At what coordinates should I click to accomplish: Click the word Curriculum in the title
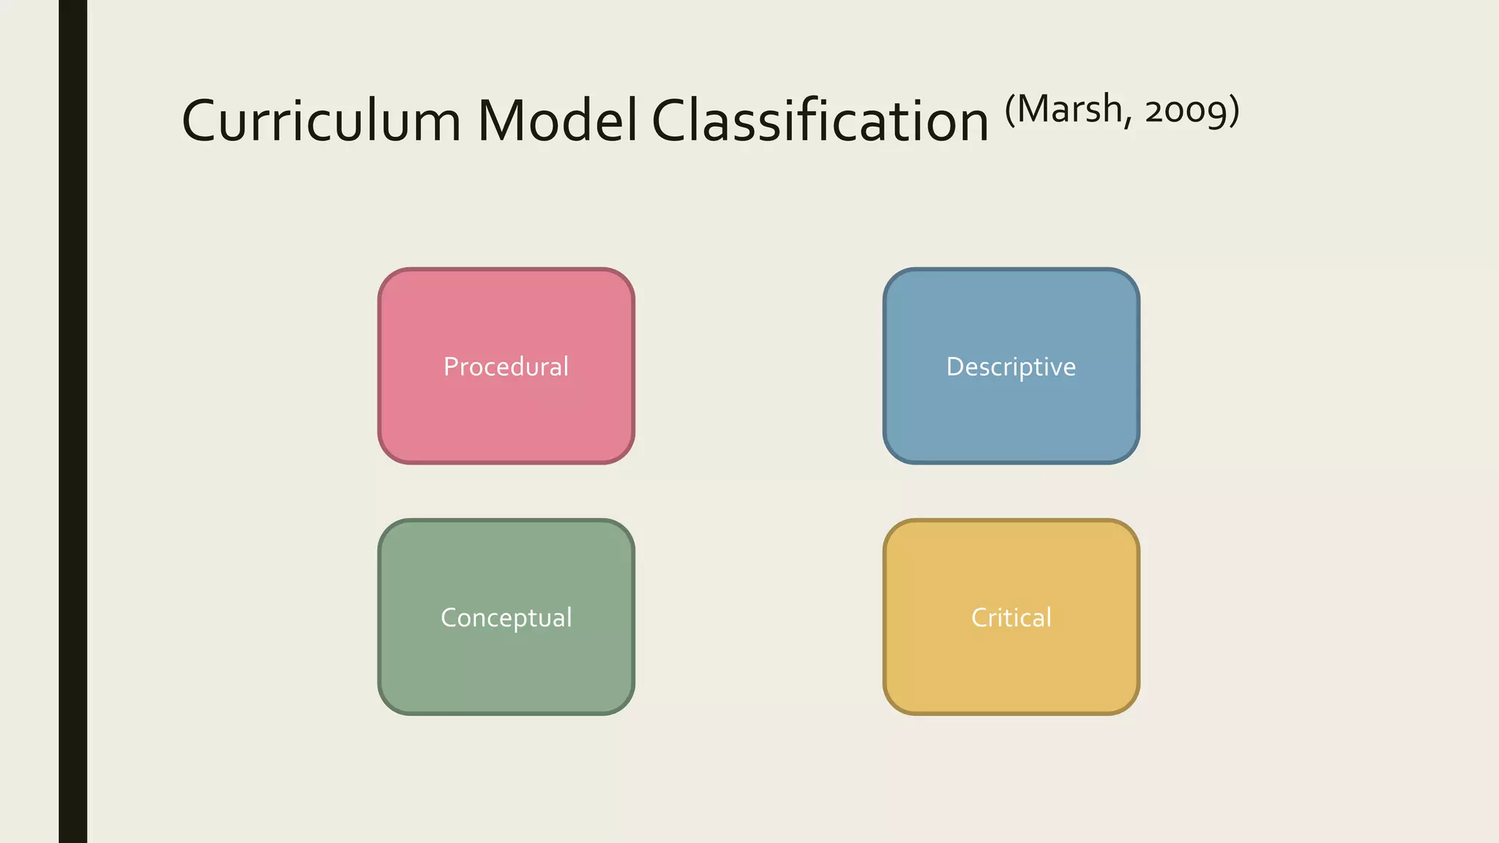(321, 121)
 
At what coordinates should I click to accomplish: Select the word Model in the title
(557, 121)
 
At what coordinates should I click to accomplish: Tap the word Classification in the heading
(820, 121)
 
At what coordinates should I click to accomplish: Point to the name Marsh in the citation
(1069, 110)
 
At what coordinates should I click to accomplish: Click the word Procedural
(506, 367)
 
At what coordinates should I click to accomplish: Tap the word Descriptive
(1011, 367)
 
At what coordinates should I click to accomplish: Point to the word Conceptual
(506, 618)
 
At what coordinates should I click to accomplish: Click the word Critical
(1011, 618)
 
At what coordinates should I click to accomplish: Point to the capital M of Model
(503, 121)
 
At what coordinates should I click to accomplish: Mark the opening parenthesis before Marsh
(1010, 111)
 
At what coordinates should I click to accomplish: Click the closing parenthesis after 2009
(1234, 111)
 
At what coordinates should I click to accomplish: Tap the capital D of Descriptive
(956, 367)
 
